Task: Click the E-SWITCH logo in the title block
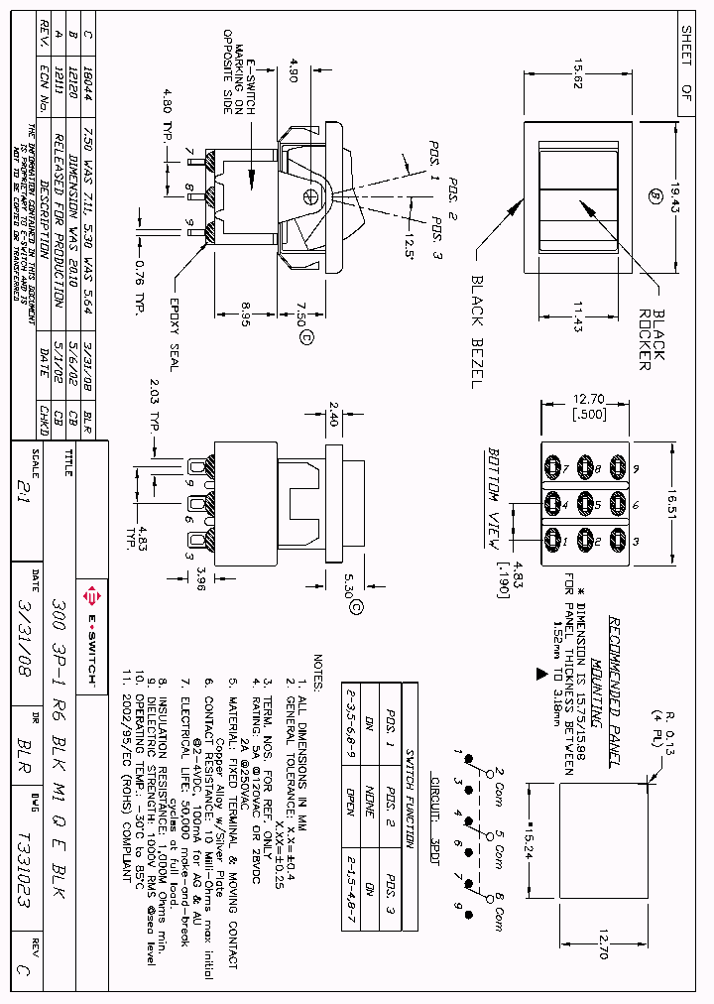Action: [91, 619]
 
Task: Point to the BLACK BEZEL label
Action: [475, 331]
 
